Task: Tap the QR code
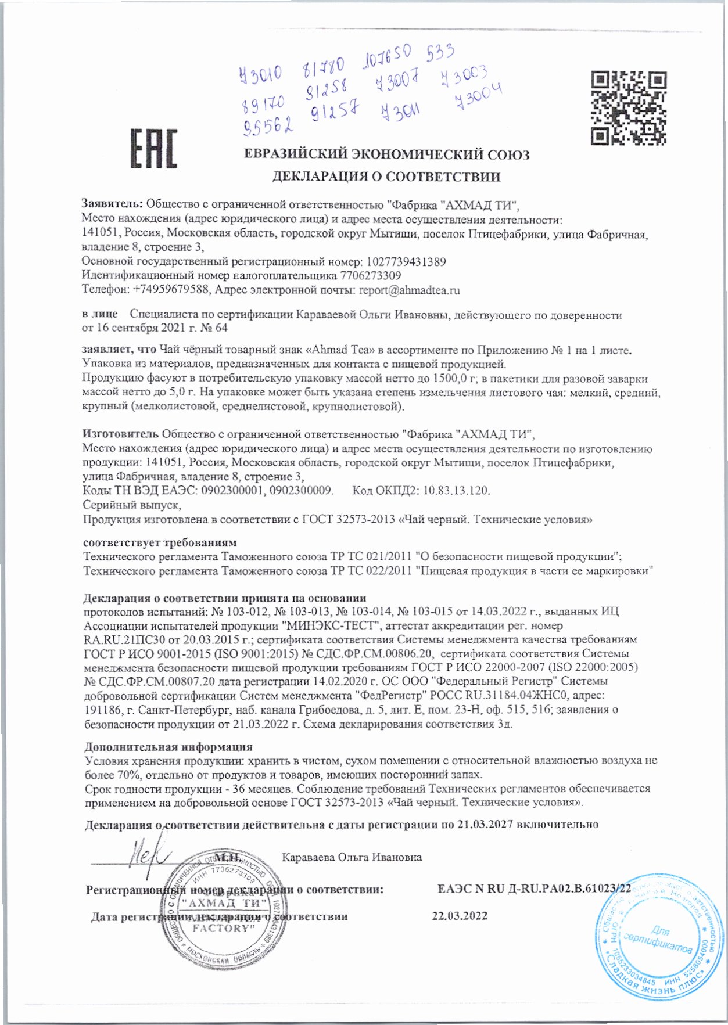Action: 628,107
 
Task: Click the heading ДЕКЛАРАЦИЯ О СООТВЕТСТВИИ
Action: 386,177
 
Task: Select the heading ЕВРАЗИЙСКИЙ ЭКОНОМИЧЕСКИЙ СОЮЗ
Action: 386,154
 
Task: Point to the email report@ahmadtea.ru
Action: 410,290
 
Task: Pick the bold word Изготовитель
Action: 121,434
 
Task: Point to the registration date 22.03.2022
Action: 460,916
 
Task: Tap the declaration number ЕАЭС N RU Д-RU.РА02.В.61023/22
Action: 534,889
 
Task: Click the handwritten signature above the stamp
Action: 149,857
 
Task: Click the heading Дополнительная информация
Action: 168,747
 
